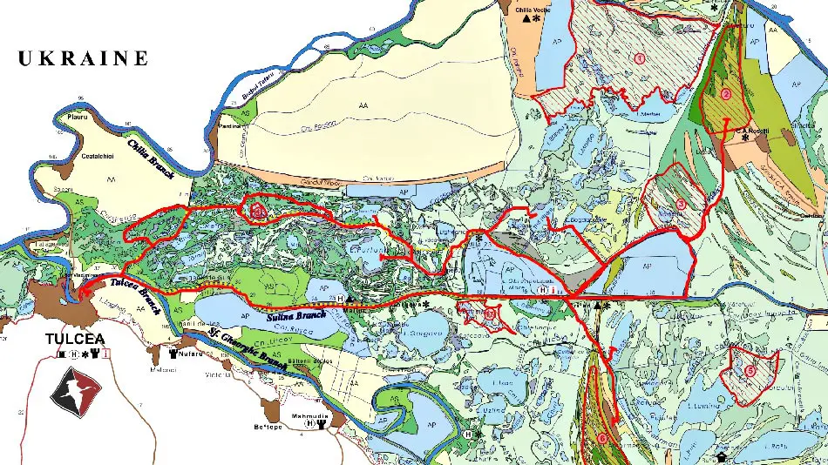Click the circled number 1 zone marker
639,59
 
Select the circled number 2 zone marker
726,94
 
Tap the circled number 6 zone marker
602,438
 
